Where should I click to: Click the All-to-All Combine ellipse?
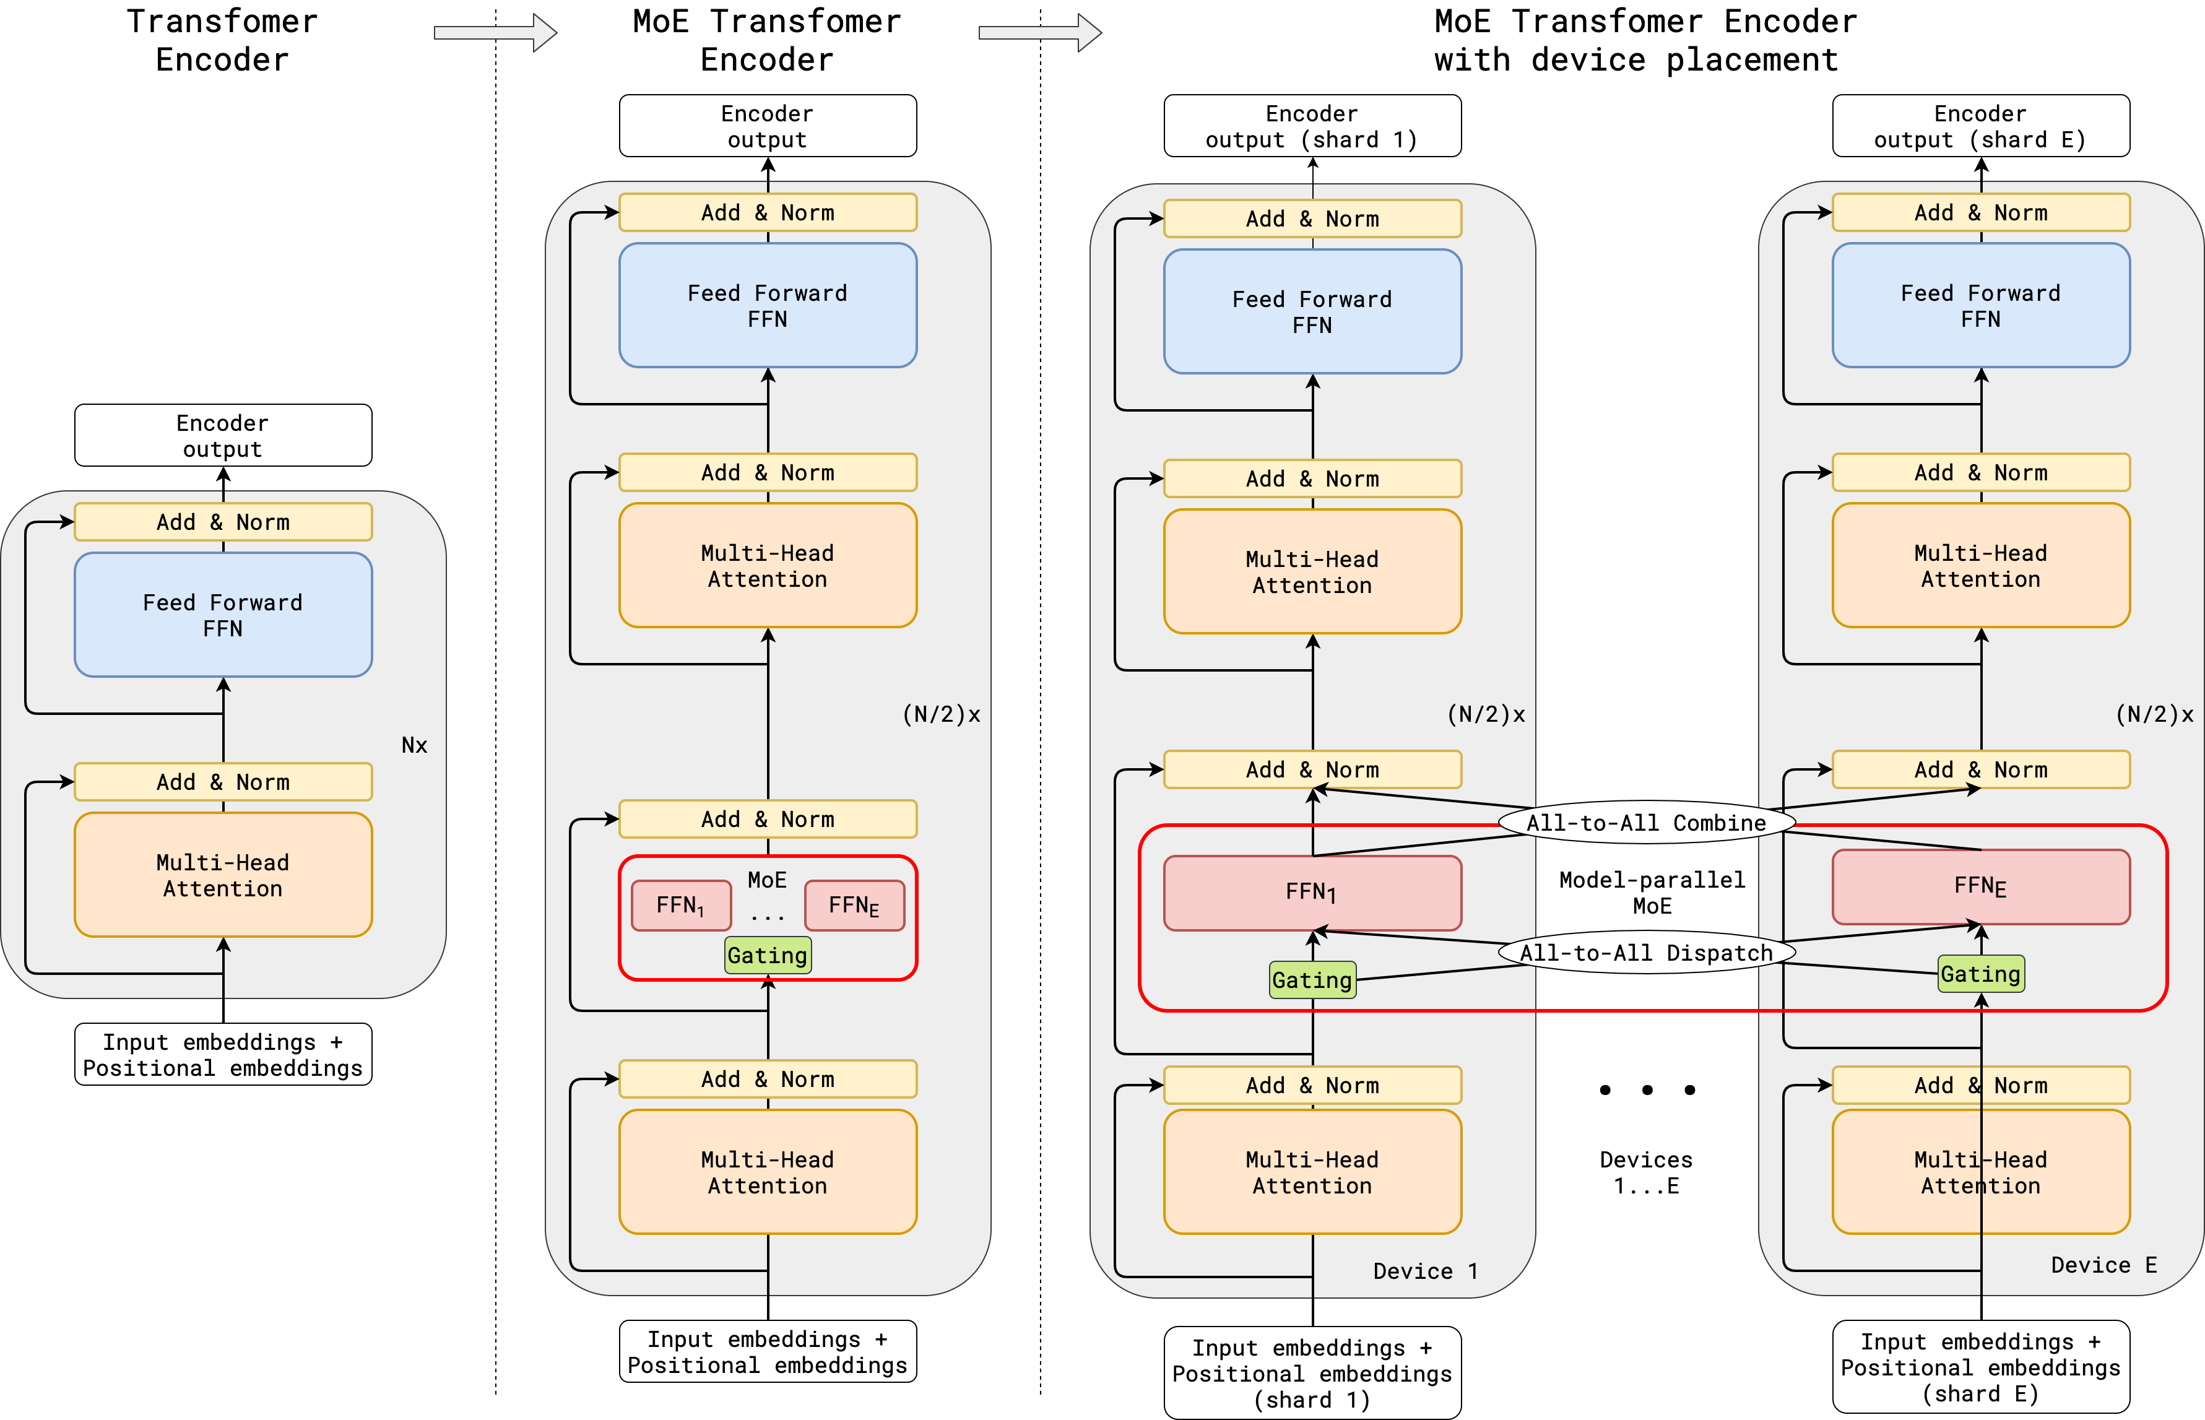(x=1647, y=823)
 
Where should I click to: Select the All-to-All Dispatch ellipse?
(x=1647, y=953)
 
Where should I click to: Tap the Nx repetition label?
(x=414, y=745)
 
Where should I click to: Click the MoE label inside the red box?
(x=767, y=880)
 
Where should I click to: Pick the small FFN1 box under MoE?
(x=680, y=906)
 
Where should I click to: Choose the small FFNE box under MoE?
(x=854, y=906)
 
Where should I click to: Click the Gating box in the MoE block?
(x=767, y=955)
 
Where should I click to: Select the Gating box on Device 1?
(x=1312, y=980)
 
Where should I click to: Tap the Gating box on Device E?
(x=1980, y=974)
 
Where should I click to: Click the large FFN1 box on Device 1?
(x=1312, y=893)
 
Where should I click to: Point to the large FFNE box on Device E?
(x=1980, y=886)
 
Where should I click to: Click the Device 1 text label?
(x=1425, y=1271)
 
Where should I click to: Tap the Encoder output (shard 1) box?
(x=1312, y=126)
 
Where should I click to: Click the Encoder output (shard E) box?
(x=1980, y=126)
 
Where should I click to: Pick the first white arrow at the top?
(x=495, y=33)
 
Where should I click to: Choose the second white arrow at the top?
(x=1040, y=33)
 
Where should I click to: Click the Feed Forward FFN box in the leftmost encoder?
(x=223, y=615)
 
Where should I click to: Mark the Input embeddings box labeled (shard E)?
(x=1980, y=1367)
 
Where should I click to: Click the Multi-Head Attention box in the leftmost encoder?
(x=223, y=875)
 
